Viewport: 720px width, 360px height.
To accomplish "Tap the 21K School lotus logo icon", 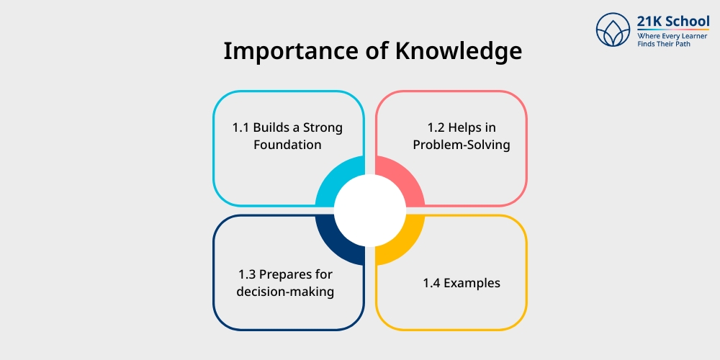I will click(x=613, y=30).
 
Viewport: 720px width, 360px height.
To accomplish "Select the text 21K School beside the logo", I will click(x=673, y=22).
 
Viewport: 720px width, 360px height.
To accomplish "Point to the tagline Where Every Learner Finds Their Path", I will click(x=672, y=40).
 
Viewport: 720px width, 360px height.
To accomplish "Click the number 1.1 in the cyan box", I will click(x=240, y=127).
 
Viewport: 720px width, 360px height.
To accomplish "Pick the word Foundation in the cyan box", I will click(x=287, y=145).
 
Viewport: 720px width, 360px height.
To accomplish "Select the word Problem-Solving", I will click(x=462, y=145).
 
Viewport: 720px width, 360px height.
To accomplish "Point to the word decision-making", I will click(x=287, y=292).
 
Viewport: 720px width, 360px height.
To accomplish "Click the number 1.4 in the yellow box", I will click(x=431, y=283).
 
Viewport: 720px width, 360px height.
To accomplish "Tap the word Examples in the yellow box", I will click(x=472, y=283).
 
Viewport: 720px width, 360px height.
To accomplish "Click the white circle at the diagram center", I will click(x=370, y=210).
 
